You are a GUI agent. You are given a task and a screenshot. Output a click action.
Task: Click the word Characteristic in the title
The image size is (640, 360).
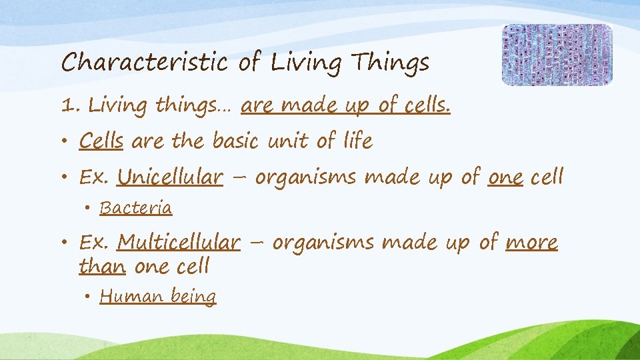(x=146, y=63)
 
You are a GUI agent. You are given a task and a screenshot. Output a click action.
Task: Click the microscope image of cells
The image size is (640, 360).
(x=557, y=55)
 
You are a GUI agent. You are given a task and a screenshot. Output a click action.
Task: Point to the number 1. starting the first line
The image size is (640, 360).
(x=69, y=105)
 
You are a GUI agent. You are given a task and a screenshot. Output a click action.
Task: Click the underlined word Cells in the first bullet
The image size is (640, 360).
(x=101, y=141)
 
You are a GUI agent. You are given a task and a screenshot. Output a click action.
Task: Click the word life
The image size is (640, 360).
(x=357, y=141)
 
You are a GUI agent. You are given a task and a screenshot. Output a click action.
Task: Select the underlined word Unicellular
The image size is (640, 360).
(x=170, y=177)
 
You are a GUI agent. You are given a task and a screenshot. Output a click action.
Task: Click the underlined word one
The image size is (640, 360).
(x=505, y=177)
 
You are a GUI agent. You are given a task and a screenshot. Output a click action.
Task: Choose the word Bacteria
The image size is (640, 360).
(x=136, y=208)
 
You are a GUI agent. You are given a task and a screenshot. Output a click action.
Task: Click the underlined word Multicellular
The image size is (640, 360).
(x=179, y=242)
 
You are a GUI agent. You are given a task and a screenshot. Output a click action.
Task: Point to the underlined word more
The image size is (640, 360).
(x=531, y=242)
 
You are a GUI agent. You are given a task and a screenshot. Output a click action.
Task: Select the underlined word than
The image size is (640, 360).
(x=102, y=266)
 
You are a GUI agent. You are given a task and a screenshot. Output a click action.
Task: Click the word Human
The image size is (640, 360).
(x=127, y=295)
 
